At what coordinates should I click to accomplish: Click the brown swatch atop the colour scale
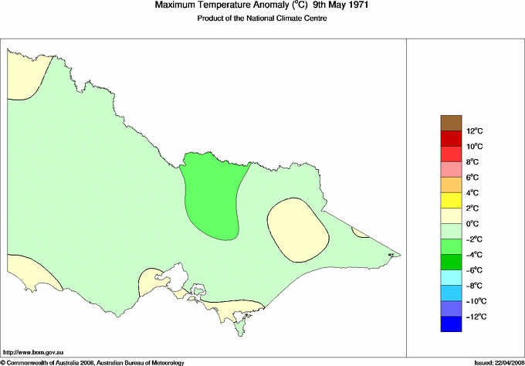[x=450, y=122]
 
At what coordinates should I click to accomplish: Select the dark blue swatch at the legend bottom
[x=450, y=324]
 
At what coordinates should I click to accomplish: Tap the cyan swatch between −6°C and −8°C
[x=450, y=277]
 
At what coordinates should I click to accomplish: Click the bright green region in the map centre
[x=212, y=193]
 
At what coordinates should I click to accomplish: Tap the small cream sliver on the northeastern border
[x=360, y=232]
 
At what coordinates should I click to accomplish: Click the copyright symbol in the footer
[x=3, y=361]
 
